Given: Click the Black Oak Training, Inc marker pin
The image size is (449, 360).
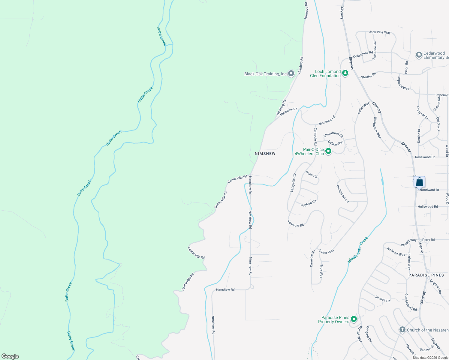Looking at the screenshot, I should point(291,73).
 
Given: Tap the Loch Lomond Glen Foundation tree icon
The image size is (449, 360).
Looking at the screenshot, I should point(345,73).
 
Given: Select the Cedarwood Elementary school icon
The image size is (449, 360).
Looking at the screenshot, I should point(419,55).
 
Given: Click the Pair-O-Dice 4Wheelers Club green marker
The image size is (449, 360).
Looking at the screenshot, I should point(328,151).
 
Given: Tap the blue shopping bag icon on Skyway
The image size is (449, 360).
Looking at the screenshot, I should point(419,182).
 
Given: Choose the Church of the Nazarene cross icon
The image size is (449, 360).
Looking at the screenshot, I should point(402,330).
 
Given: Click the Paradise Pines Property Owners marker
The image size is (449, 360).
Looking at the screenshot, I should point(354,319).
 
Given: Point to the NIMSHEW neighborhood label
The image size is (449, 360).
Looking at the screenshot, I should point(265,154).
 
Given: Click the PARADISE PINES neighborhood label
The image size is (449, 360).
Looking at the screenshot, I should point(426,275).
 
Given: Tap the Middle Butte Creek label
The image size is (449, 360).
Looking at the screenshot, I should point(358,250).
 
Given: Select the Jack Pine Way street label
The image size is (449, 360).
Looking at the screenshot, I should point(380,32).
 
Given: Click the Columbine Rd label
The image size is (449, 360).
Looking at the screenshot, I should point(363,54).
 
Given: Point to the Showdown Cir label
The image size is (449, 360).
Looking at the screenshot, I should point(333,134).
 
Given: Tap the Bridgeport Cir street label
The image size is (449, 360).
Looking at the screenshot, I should point(342,193).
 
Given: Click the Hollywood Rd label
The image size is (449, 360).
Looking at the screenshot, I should point(428,207).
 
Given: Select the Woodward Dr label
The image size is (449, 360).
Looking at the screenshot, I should point(429,190).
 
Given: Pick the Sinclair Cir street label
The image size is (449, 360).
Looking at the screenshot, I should point(383,299).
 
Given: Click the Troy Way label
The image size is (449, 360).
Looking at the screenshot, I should point(321,271).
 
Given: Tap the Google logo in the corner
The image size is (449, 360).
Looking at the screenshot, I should point(10,356).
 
